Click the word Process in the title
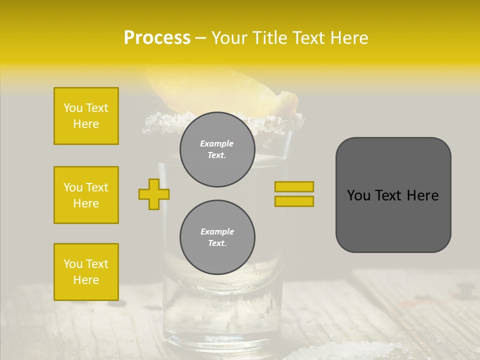(x=157, y=38)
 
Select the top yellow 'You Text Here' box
(x=86, y=116)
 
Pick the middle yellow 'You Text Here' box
(x=86, y=195)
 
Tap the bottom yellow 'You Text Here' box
(x=86, y=271)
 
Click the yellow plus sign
(x=154, y=194)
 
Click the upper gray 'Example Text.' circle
(x=217, y=149)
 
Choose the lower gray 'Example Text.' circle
(x=217, y=237)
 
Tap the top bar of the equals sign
(x=294, y=186)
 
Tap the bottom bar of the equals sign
(x=294, y=201)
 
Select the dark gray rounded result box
(x=393, y=220)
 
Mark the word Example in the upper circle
(x=217, y=143)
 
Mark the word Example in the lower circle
(x=217, y=231)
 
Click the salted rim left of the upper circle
(x=160, y=121)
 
